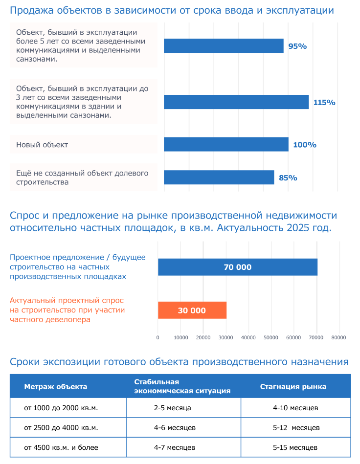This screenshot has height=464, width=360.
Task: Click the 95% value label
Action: pyautogui.click(x=297, y=46)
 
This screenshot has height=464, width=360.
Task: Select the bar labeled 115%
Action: pyautogui.click(x=236, y=102)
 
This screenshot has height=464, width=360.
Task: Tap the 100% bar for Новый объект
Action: pyautogui.click(x=226, y=144)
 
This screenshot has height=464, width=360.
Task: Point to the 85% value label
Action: pyautogui.click(x=288, y=177)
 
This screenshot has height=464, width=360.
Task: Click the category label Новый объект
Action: pyautogui.click(x=42, y=145)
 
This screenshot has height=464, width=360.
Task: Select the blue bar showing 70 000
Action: pyautogui.click(x=238, y=267)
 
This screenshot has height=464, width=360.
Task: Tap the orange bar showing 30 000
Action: pyautogui.click(x=192, y=310)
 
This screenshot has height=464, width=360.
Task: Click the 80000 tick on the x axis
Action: pyautogui.click(x=338, y=338)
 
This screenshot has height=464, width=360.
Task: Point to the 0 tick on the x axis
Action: pyautogui.click(x=158, y=338)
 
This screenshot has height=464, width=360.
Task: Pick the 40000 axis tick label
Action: pyautogui.click(x=248, y=338)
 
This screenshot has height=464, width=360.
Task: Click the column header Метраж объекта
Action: pyautogui.click(x=56, y=386)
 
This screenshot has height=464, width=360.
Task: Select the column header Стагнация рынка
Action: pyautogui.click(x=293, y=386)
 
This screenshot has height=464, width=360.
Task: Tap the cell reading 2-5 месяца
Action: pyautogui.click(x=172, y=408)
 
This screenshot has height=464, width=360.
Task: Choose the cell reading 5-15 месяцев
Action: pyautogui.click(x=295, y=447)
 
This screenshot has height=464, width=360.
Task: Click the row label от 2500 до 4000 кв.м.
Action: pyautogui.click(x=61, y=428)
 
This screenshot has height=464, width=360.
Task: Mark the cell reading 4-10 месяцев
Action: pyautogui.click(x=295, y=408)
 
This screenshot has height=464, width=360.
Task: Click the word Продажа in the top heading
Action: pyautogui.click(x=32, y=10)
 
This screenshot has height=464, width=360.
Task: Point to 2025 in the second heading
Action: pyautogui.click(x=298, y=228)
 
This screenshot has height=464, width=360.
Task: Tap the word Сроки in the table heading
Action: pyautogui.click(x=24, y=362)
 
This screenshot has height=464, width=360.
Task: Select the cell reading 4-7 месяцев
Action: pyautogui.click(x=174, y=447)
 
